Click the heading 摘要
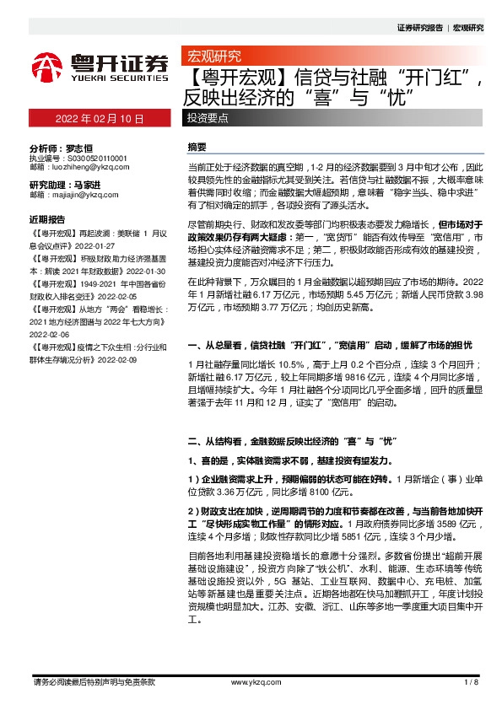coord(197,147)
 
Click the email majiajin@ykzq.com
coord(85,195)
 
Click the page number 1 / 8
coord(471,680)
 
